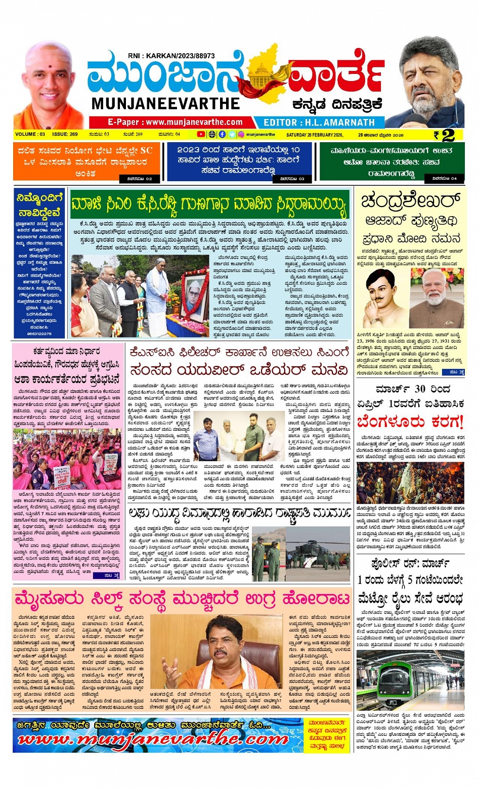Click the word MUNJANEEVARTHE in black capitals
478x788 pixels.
[165, 104]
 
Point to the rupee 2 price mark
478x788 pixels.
[445, 135]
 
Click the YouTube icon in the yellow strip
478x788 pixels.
[201, 135]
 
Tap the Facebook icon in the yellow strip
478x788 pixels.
[222, 135]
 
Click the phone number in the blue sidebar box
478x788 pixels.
[39, 334]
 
